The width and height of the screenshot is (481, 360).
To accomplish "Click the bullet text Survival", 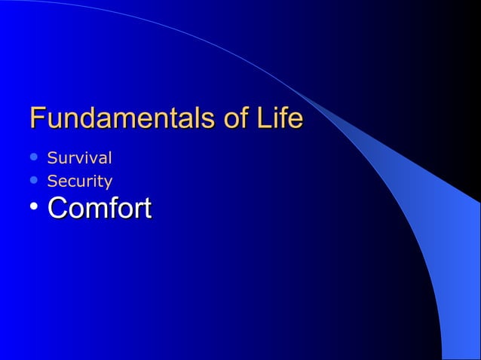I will tap(79, 159).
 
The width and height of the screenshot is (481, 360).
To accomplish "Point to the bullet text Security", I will tap(79, 182).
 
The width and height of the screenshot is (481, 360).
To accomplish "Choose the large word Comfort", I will tap(99, 208).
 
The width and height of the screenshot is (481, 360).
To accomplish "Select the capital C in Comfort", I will tap(57, 208).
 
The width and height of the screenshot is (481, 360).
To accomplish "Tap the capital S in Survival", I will tap(51, 159).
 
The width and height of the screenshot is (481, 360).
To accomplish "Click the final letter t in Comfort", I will tap(146, 209).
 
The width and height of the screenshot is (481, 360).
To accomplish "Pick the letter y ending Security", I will tap(109, 183).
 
